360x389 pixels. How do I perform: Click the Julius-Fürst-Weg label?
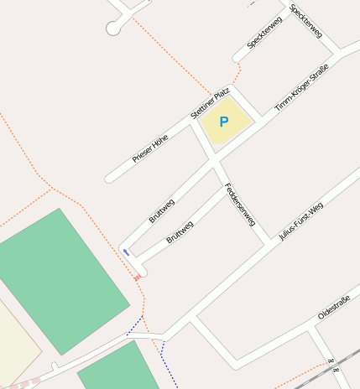(300, 221)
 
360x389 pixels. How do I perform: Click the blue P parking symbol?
(224, 122)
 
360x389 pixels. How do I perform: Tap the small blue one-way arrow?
(126, 251)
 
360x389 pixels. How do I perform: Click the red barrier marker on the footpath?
(137, 277)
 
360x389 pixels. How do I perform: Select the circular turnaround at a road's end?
(112, 29)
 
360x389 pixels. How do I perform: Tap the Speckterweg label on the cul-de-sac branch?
(264, 31)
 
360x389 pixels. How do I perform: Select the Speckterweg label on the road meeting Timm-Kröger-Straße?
(306, 21)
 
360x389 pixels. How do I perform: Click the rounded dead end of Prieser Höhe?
(108, 178)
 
